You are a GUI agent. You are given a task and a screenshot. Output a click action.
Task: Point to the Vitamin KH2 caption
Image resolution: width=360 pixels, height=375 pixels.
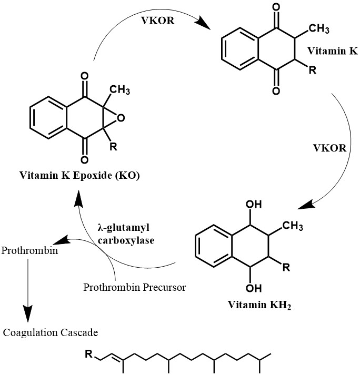(x=259, y=305)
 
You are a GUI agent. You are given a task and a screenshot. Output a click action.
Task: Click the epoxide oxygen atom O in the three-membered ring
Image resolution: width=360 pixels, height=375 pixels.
(x=121, y=119)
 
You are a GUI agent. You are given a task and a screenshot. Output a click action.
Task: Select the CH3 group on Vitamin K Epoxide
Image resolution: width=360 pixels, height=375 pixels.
(x=120, y=90)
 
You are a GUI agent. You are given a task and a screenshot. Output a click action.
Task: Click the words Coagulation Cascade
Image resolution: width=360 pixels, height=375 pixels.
(x=51, y=332)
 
